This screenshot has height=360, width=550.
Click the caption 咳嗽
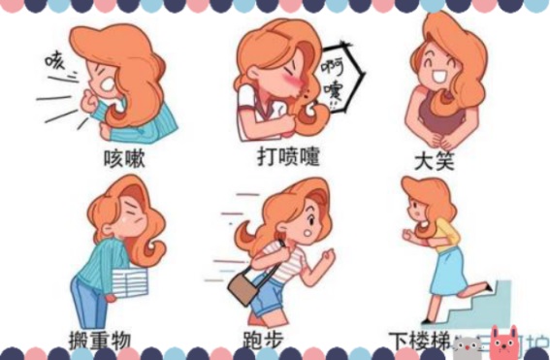(125, 158)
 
